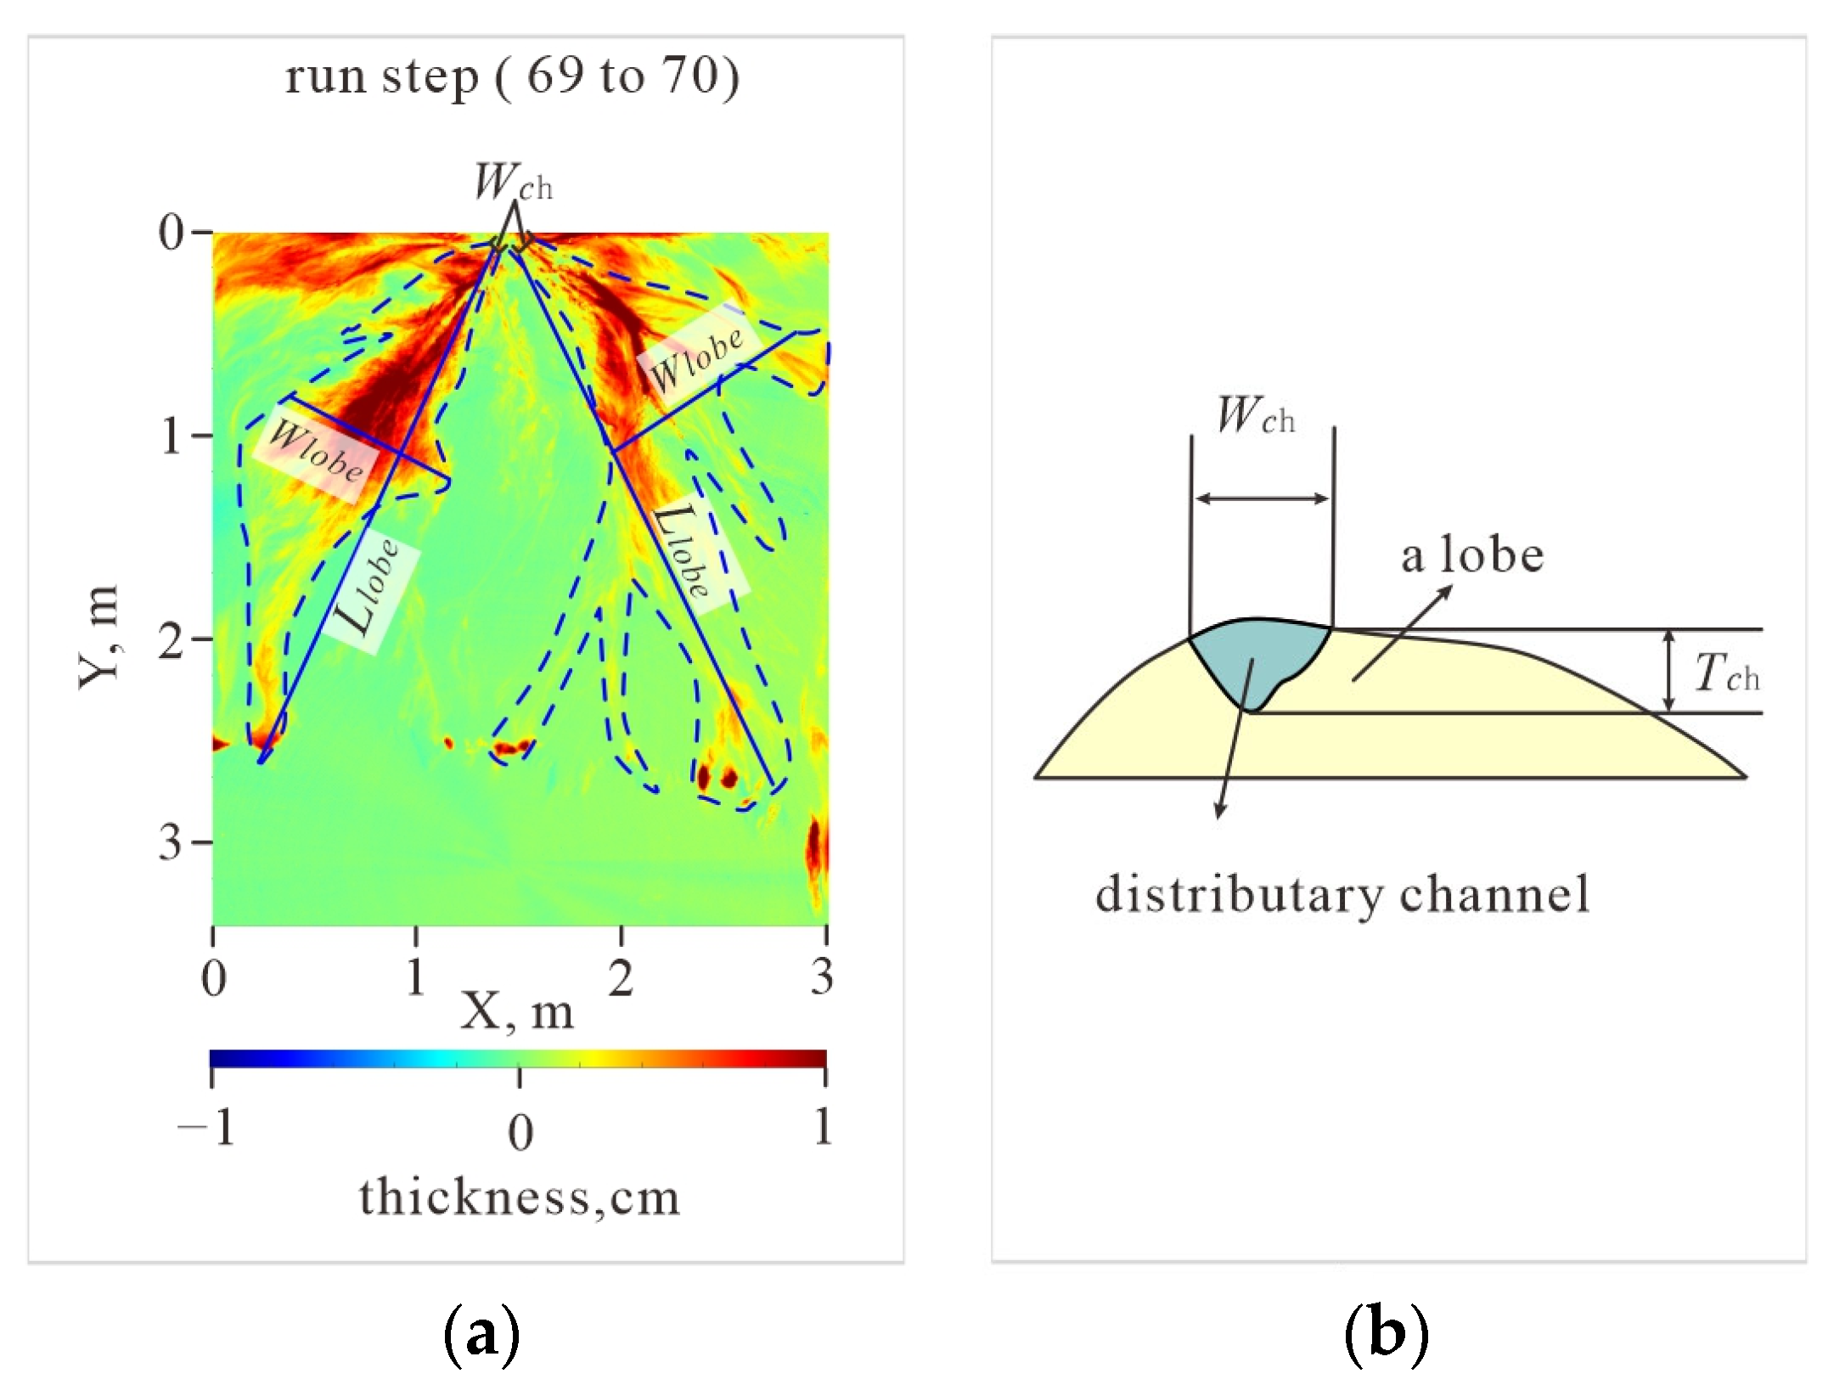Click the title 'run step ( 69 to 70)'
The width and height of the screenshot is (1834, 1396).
pos(512,77)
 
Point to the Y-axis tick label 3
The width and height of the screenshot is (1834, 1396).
pos(172,843)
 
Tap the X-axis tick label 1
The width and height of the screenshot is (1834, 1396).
pos(415,977)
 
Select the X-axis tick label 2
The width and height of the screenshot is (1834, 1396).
pos(621,977)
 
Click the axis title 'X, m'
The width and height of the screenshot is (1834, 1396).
pos(517,1012)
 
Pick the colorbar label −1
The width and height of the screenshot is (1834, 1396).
pos(206,1129)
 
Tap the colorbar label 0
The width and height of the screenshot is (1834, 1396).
pos(520,1133)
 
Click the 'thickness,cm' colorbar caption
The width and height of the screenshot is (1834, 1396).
pos(519,1197)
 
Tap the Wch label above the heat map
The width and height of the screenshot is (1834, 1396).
pos(512,182)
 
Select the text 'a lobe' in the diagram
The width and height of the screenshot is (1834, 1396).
pos(1471,556)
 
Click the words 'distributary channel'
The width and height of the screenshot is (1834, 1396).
pos(1342,894)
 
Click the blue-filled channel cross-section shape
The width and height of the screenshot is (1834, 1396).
pos(1257,657)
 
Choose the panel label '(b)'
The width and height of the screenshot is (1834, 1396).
pos(1386,1333)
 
